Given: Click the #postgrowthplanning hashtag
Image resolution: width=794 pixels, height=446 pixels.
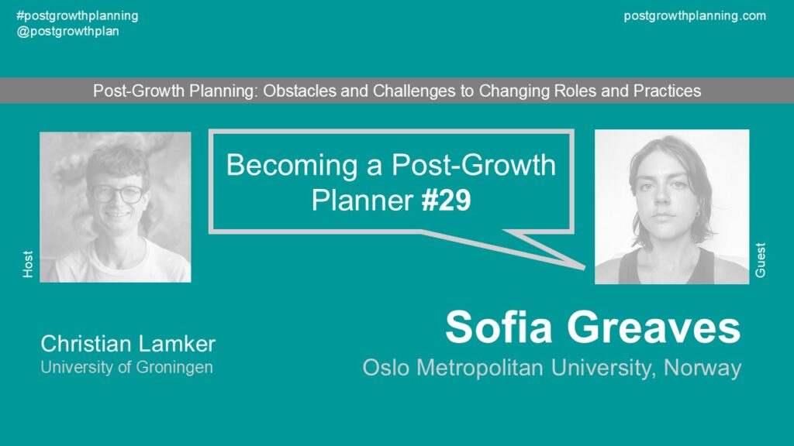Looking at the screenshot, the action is [x=78, y=16].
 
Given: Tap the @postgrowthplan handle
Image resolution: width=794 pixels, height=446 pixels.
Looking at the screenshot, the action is [x=68, y=31].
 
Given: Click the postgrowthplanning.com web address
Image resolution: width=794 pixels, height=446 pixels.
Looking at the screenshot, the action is [x=695, y=16].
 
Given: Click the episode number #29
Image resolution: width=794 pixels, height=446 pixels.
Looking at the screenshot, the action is [x=446, y=201].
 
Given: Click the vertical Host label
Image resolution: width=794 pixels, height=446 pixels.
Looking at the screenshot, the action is [x=28, y=264].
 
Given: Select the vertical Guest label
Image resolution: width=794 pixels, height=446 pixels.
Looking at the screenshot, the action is [x=760, y=260].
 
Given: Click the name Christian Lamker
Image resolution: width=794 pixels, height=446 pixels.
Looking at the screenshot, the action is [x=128, y=344].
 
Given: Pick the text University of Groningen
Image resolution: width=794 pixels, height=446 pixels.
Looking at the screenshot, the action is [x=126, y=367].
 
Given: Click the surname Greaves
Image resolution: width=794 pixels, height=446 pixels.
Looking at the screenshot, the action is [x=654, y=328].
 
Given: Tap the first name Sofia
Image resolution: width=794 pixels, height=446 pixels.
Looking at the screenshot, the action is [x=499, y=328].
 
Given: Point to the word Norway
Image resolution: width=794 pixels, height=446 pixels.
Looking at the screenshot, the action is [x=703, y=368].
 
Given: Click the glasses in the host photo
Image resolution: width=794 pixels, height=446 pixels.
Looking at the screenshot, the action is [x=116, y=194].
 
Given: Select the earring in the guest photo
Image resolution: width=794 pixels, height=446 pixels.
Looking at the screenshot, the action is [x=698, y=214].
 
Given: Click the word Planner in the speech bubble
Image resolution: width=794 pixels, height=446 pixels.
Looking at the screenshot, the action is [x=362, y=201].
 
